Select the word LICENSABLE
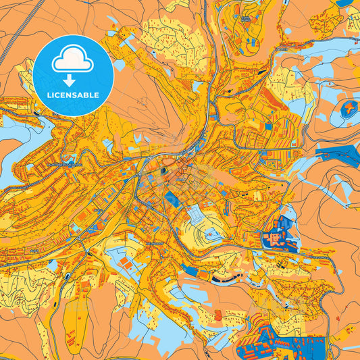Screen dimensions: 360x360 tap(72, 95)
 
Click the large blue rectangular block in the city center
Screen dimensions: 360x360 tap(170, 200)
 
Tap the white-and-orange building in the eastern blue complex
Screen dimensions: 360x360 tap(277, 238)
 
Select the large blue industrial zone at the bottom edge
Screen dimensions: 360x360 tap(270, 338)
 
